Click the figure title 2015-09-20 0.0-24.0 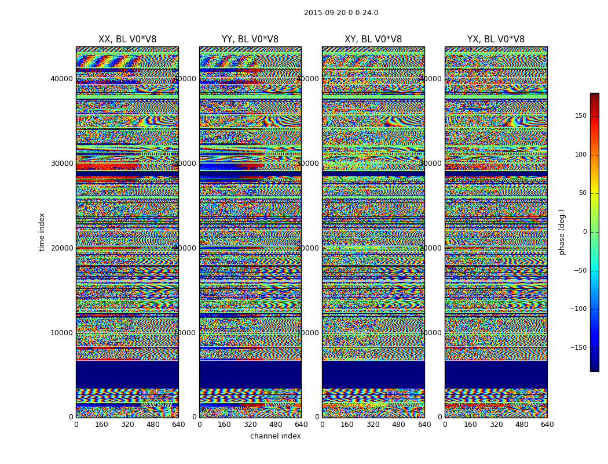click(341, 13)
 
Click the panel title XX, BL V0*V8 click(127, 39)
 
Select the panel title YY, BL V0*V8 click(250, 39)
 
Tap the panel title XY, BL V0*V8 click(373, 39)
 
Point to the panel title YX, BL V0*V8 click(496, 39)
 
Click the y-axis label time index click(42, 231)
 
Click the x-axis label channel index click(276, 436)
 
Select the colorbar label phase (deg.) click(562, 231)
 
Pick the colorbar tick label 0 click(585, 232)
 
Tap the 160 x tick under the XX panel click(101, 425)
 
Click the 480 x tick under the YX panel click(522, 425)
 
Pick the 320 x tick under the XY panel click(373, 425)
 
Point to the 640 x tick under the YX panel click(547, 425)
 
